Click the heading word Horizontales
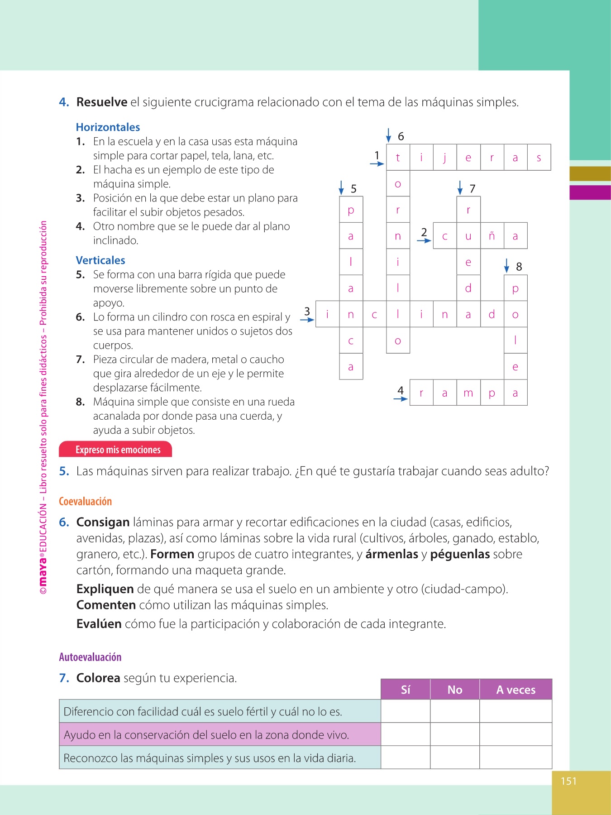coord(108,127)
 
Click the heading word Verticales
coord(100,260)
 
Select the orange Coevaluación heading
coord(85,501)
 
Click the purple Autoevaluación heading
coord(90,657)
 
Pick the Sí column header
coord(406,690)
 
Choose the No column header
coord(455,690)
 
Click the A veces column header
coord(516,690)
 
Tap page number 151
coord(568,781)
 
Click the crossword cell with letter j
coord(445,158)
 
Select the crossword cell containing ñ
coord(492,236)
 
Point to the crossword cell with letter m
coord(468,393)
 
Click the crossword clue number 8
coord(519,267)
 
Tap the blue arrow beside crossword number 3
coord(307,320)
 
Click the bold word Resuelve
coord(102,102)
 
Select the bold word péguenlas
coord(460,554)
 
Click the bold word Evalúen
coord(99,624)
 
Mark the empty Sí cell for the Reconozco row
coord(406,757)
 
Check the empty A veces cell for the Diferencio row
coord(516,711)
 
